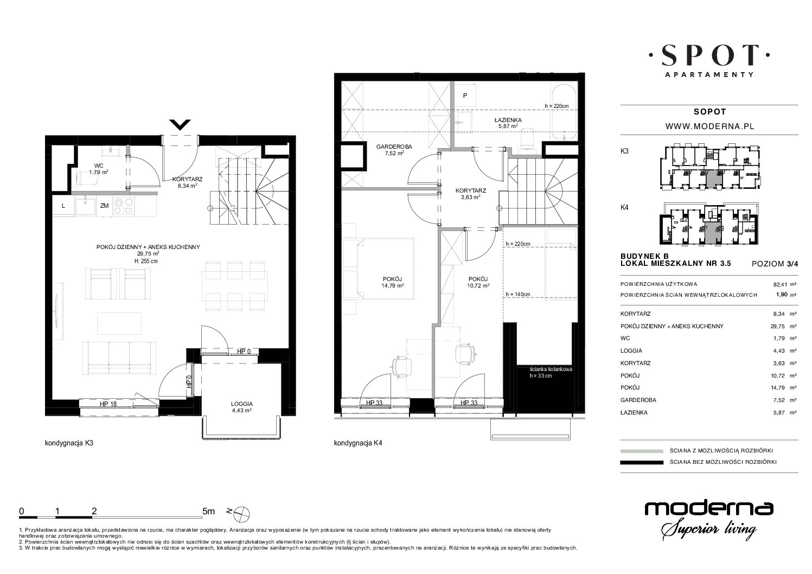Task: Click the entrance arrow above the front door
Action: click(180, 125)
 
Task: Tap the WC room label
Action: click(99, 165)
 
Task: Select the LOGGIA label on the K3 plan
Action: click(242, 404)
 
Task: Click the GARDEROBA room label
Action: click(394, 147)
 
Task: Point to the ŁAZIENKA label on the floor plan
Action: click(508, 120)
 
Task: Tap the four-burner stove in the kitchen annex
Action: click(123, 206)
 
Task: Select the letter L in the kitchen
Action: click(63, 206)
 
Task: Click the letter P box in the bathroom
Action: click(465, 95)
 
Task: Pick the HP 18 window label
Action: click(108, 404)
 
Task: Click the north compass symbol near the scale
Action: click(242, 513)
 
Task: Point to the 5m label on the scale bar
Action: click(208, 511)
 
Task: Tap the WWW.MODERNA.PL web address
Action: click(710, 126)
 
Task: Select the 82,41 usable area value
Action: click(780, 285)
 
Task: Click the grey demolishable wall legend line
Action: click(642, 451)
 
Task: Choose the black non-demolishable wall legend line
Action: click(642, 462)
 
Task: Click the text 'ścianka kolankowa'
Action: click(551, 369)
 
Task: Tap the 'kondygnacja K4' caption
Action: click(358, 443)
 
